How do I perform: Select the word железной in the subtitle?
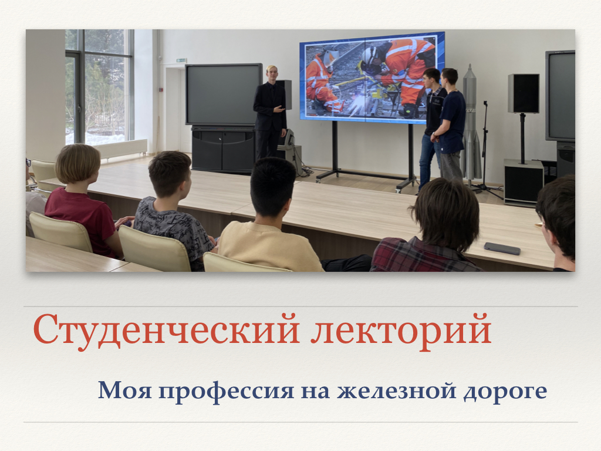[x=397, y=391]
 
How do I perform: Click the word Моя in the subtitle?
[x=125, y=390]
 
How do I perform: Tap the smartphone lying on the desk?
[x=502, y=248]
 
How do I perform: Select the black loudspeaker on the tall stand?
[x=523, y=93]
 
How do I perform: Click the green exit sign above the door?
[x=182, y=60]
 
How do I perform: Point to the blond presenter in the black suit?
[x=270, y=113]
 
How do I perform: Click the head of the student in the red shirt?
[x=78, y=164]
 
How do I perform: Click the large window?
[x=99, y=87]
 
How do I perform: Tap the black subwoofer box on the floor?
[x=524, y=182]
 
